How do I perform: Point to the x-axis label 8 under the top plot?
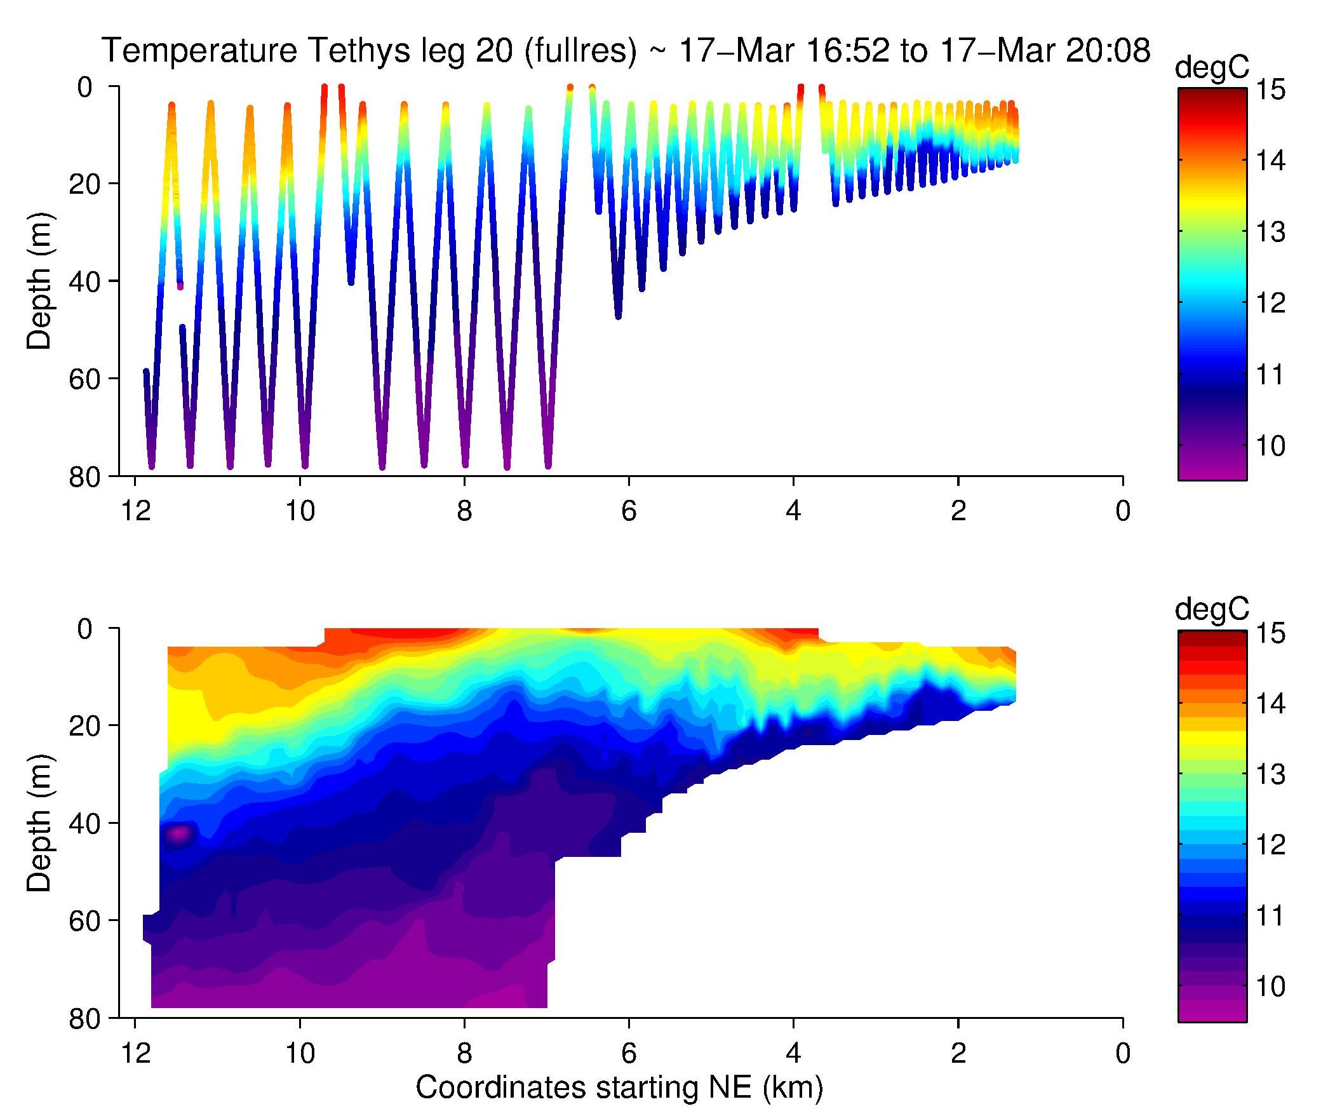coord(464,511)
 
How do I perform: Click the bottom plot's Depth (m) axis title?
coord(39,823)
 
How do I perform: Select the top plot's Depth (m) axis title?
coord(39,281)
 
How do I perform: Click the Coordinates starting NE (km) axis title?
coord(619,1087)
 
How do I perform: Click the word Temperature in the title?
coord(199,51)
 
